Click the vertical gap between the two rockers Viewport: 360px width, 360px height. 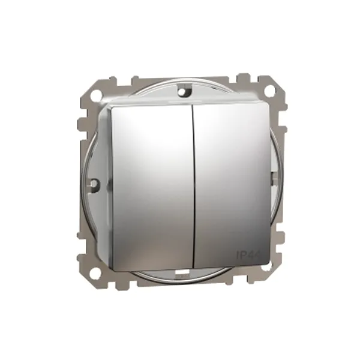click(x=193, y=180)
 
